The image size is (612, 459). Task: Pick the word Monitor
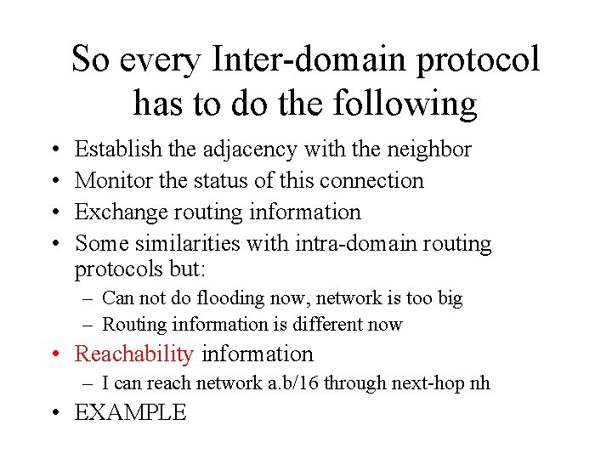[114, 180]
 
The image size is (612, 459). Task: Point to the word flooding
[212, 298]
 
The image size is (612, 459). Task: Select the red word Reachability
[134, 354]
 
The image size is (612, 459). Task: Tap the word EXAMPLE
[131, 413]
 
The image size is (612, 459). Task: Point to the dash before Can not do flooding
[88, 298]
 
